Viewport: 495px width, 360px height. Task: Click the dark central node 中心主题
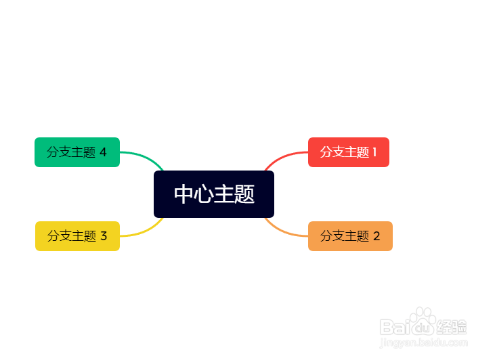(214, 194)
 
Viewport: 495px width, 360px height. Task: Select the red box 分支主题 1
(348, 152)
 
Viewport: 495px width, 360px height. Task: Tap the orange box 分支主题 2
(350, 236)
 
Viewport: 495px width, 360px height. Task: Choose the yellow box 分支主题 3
(77, 236)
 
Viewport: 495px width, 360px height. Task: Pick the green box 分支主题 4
(77, 152)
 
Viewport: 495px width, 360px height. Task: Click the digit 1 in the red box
(374, 152)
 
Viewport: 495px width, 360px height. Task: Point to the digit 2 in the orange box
(376, 236)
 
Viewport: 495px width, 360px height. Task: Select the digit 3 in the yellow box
(104, 236)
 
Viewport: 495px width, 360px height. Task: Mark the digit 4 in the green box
(103, 152)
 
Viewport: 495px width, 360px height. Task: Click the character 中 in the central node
(184, 194)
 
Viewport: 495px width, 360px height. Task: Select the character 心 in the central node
(204, 194)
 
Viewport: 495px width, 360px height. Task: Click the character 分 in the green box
(53, 152)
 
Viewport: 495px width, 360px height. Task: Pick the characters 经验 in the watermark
(452, 328)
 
